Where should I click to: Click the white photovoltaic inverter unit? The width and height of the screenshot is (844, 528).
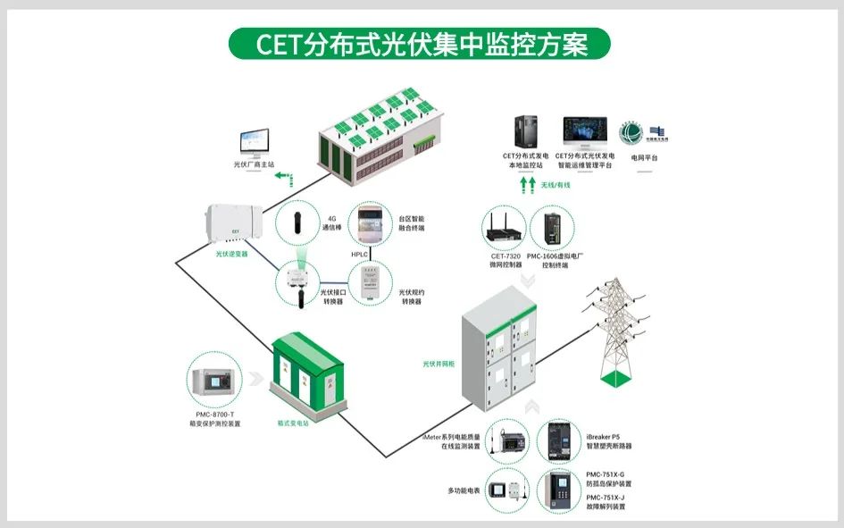(230, 226)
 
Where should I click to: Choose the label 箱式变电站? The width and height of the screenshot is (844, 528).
(292, 424)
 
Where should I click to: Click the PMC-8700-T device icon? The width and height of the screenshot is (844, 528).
(214, 380)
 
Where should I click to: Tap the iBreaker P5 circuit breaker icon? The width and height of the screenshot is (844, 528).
(560, 442)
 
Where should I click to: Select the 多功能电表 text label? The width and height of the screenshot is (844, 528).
(464, 490)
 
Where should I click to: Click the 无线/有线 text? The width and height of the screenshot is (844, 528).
(555, 186)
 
